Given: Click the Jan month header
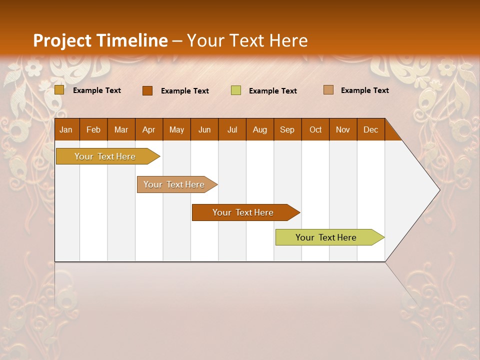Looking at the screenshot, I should pyautogui.click(x=66, y=129).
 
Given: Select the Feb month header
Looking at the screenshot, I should pyautogui.click(x=93, y=129).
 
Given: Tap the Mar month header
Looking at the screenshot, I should pyautogui.click(x=121, y=129).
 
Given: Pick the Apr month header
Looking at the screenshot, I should pyautogui.click(x=148, y=129).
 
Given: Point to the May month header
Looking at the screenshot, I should pyautogui.click(x=176, y=129).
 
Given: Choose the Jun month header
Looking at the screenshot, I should pyautogui.click(x=204, y=129).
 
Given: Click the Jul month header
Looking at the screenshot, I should pyautogui.click(x=232, y=129).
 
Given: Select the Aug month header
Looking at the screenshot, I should pyautogui.click(x=259, y=129).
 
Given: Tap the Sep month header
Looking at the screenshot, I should pyautogui.click(x=287, y=129).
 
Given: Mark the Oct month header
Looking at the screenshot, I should pyautogui.click(x=315, y=129).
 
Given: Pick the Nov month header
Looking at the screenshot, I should pyautogui.click(x=343, y=129).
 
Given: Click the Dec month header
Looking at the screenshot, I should pyautogui.click(x=370, y=129).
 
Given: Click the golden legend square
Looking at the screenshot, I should pyautogui.click(x=59, y=90).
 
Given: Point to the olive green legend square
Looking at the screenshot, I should pyautogui.click(x=236, y=90).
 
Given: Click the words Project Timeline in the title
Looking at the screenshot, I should pyautogui.click(x=100, y=40).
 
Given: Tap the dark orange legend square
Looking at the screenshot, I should pyautogui.click(x=147, y=90).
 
